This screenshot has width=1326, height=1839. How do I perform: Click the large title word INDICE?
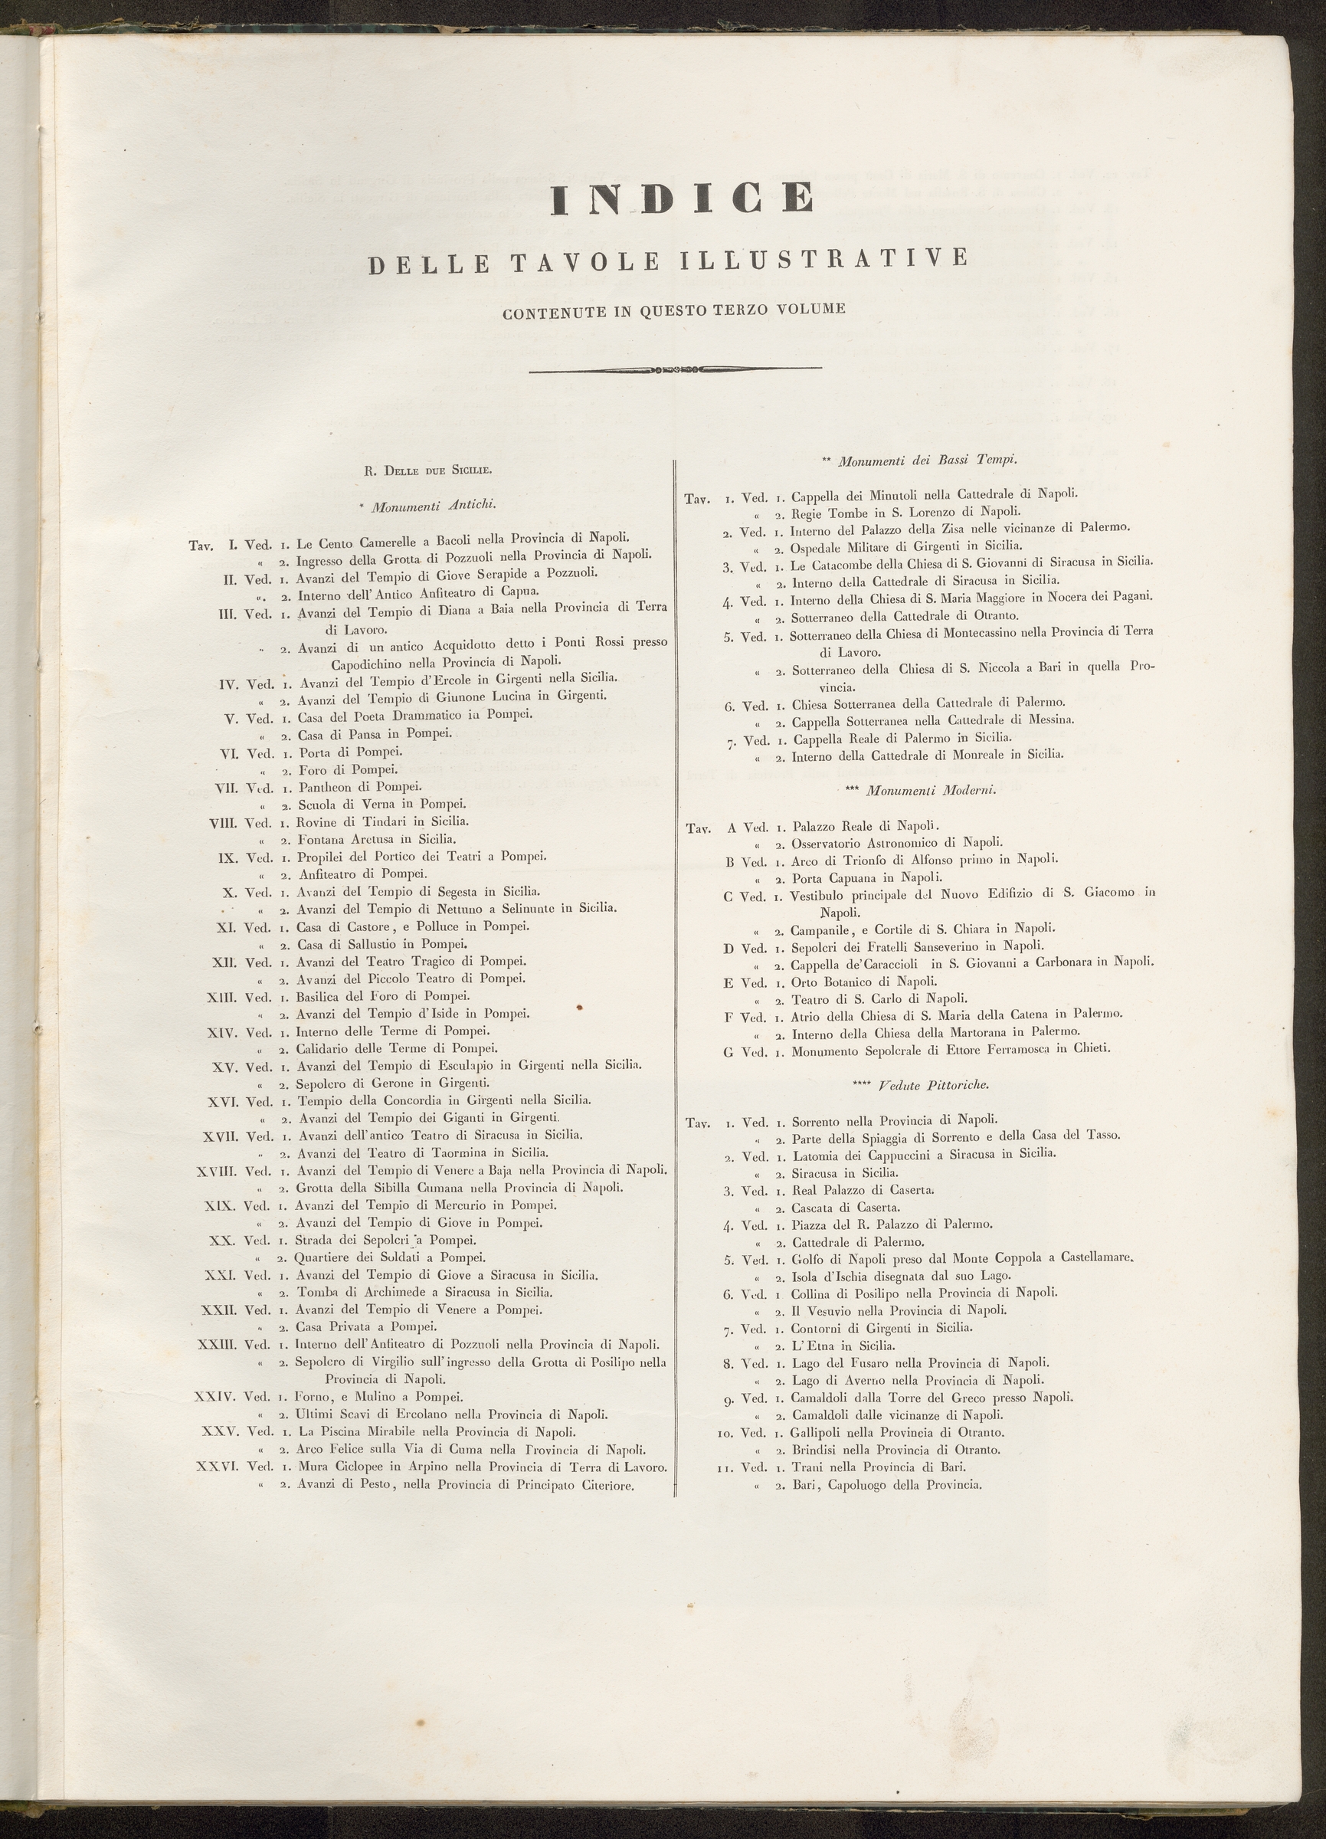click(682, 199)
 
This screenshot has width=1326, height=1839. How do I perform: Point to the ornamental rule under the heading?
click(675, 372)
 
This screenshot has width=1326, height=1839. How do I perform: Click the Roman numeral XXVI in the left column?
click(218, 1467)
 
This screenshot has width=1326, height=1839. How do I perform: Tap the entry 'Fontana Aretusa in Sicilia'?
click(376, 839)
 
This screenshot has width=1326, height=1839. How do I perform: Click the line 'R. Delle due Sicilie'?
click(427, 470)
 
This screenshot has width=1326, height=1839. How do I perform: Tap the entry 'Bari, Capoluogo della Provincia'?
click(887, 1486)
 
